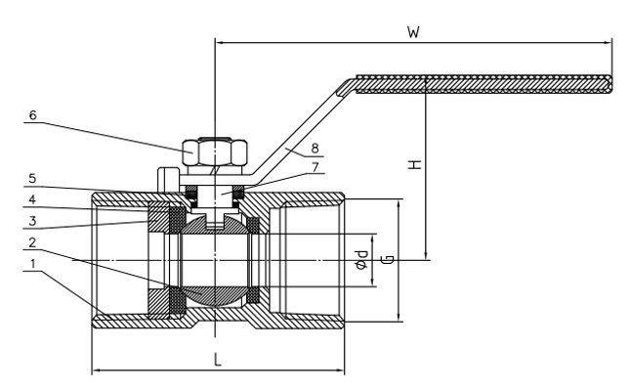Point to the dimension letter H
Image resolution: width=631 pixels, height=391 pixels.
415,166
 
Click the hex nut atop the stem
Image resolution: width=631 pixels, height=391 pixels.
213,152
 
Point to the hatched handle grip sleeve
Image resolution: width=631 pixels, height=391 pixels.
484,85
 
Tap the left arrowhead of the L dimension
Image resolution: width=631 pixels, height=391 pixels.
95,370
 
